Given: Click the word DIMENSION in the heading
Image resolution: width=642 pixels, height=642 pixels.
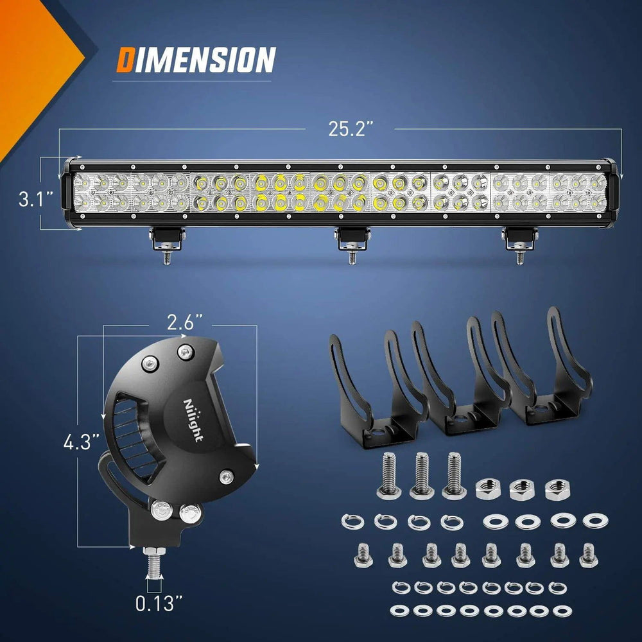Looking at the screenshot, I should pos(196,60).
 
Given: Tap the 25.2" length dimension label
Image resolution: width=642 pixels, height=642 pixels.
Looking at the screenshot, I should pos(351,129).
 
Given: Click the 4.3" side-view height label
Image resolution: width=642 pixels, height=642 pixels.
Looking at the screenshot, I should pos(81,442).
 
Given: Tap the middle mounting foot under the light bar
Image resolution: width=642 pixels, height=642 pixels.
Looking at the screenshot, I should pos(350,240).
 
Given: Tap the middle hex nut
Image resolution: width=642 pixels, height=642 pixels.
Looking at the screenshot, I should pos(521,490).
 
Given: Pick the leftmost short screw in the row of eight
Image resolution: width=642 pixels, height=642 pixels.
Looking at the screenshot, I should pos(363,555).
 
